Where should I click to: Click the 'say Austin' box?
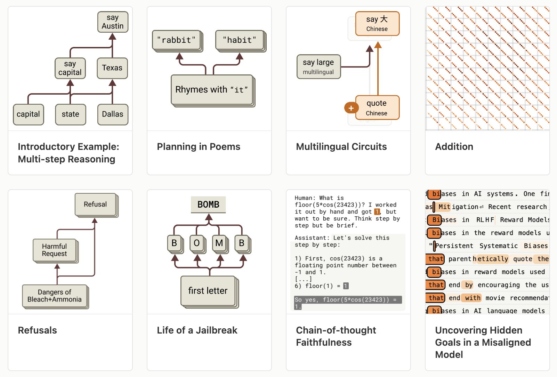113,22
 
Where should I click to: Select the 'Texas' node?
112,68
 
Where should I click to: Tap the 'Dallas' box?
112,114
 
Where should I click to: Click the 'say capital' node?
70,68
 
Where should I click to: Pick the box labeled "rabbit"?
176,40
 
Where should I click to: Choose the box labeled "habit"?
240,40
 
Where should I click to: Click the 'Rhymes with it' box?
211,90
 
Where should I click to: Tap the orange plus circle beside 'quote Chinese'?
351,108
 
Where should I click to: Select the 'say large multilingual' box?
318,66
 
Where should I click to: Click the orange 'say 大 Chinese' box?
377,23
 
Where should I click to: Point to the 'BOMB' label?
208,204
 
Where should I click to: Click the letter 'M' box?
219,243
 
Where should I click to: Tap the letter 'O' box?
197,243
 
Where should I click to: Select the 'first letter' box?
208,291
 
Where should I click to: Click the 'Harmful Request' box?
55,250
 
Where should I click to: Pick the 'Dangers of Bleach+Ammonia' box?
55,296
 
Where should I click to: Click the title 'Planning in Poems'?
198,147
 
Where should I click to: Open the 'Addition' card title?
454,147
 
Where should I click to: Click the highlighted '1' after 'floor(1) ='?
346,286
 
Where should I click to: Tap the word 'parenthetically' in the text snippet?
478,259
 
